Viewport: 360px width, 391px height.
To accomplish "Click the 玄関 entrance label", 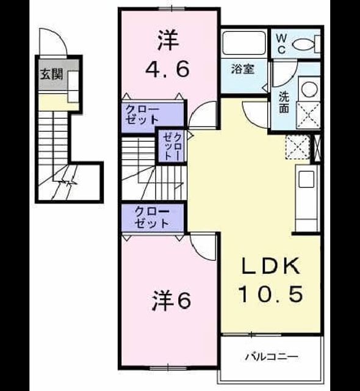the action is pyautogui.click(x=51, y=74).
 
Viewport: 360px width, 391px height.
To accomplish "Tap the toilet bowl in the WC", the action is pyautogui.click(x=303, y=45).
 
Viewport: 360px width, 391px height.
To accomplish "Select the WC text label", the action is pyautogui.click(x=281, y=44).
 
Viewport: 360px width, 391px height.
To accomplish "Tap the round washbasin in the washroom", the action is pyautogui.click(x=309, y=89).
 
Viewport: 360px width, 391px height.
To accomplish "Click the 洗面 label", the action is pyautogui.click(x=284, y=102).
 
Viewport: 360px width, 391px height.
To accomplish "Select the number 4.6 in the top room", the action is pyautogui.click(x=167, y=69).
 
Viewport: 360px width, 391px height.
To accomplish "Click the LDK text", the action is pyautogui.click(x=270, y=266).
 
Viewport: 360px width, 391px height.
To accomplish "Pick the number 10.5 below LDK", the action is pyautogui.click(x=271, y=293).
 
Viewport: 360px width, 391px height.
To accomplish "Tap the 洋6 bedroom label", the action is pyautogui.click(x=171, y=301).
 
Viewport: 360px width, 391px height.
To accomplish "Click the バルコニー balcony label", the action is pyautogui.click(x=272, y=357).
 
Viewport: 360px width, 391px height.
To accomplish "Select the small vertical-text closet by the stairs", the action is pyautogui.click(x=172, y=147).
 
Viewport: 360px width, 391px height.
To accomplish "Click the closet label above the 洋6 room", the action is pyautogui.click(x=152, y=217).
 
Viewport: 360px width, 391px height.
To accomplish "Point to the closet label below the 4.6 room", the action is pyautogui.click(x=143, y=115).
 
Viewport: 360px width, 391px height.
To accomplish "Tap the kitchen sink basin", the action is pyautogui.click(x=306, y=179).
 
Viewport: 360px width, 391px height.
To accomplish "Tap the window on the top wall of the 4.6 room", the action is pyautogui.click(x=171, y=9).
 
